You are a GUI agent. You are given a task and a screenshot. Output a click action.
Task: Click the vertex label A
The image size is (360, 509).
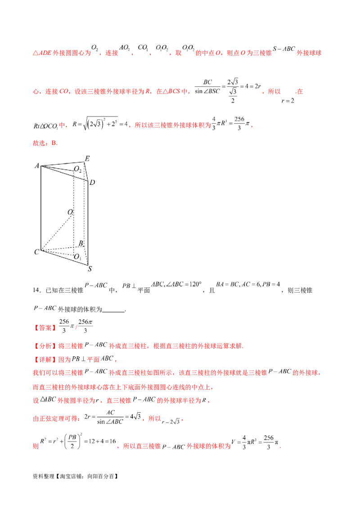[x=36, y=166]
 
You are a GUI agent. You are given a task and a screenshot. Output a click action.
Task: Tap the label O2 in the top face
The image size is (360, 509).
[x=78, y=170]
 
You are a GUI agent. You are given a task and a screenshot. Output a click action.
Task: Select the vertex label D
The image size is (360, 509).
[x=92, y=182]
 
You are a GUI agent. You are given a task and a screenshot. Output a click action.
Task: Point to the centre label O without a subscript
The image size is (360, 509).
[x=70, y=212]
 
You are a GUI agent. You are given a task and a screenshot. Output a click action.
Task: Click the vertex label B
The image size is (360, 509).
[x=81, y=243]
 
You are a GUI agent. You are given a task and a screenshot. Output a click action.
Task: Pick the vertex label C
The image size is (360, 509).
[x=36, y=252]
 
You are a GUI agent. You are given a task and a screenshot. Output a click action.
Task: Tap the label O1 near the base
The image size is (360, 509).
[x=77, y=257]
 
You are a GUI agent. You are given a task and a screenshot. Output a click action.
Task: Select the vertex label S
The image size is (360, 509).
[x=90, y=269]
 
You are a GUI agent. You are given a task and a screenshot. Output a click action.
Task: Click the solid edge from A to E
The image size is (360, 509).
[x=63, y=163]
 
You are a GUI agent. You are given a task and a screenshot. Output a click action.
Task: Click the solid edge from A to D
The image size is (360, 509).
[x=65, y=174]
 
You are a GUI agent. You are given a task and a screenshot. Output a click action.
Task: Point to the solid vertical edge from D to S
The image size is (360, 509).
[x=88, y=223]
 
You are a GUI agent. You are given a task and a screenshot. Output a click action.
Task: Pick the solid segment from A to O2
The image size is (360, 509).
[x=58, y=169]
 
